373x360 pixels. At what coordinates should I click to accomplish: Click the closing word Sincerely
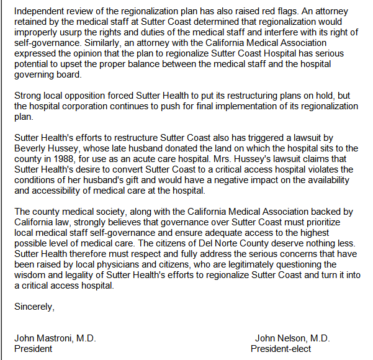(x=34, y=306)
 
